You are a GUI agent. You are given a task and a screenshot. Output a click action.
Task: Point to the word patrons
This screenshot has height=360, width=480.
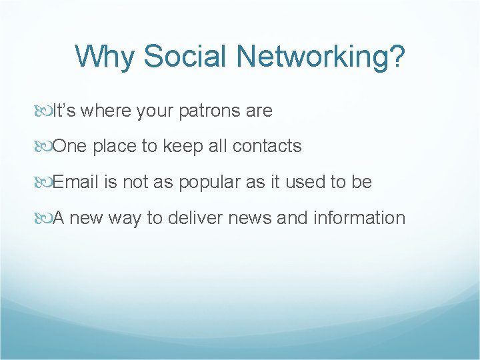[210, 111]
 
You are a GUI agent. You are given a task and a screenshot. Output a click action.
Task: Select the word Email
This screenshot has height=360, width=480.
[77, 182]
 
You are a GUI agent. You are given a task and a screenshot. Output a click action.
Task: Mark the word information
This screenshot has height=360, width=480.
[360, 218]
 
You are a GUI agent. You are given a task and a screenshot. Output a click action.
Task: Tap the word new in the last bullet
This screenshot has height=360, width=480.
[84, 218]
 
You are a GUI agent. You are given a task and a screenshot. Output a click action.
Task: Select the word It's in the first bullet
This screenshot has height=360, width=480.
[64, 111]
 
